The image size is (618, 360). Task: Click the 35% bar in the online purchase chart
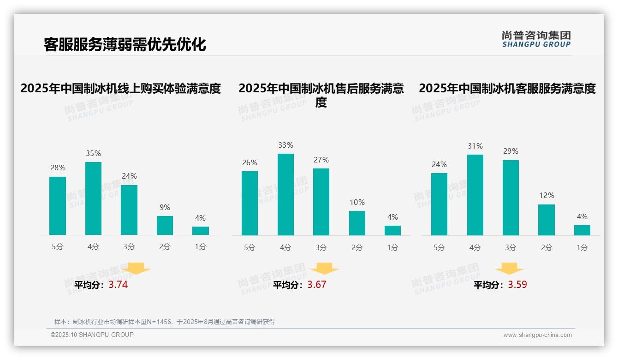click(93, 198)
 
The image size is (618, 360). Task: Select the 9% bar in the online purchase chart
click(165, 225)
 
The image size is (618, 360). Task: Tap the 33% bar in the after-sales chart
click(285, 194)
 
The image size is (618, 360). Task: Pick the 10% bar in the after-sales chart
click(357, 223)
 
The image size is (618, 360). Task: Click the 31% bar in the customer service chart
click(475, 195)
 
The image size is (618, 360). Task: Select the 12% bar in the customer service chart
click(547, 220)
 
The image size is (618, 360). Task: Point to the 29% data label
click(511, 151)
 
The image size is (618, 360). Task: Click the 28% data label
click(58, 168)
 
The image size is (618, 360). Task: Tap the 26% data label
click(250, 163)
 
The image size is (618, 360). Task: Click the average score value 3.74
click(118, 285)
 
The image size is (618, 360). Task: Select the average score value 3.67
click(317, 285)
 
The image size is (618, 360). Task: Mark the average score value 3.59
click(517, 285)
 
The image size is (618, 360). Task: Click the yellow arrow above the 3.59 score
click(509, 269)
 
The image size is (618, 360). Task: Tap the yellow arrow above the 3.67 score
click(324, 269)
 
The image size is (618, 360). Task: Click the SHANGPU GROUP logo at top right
click(536, 39)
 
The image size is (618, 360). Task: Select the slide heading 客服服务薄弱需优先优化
click(125, 44)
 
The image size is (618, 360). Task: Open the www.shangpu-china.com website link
click(537, 335)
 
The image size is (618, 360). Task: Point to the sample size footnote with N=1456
click(165, 322)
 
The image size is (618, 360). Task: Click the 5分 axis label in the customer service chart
click(439, 248)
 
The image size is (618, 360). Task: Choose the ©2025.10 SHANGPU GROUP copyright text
click(92, 335)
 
